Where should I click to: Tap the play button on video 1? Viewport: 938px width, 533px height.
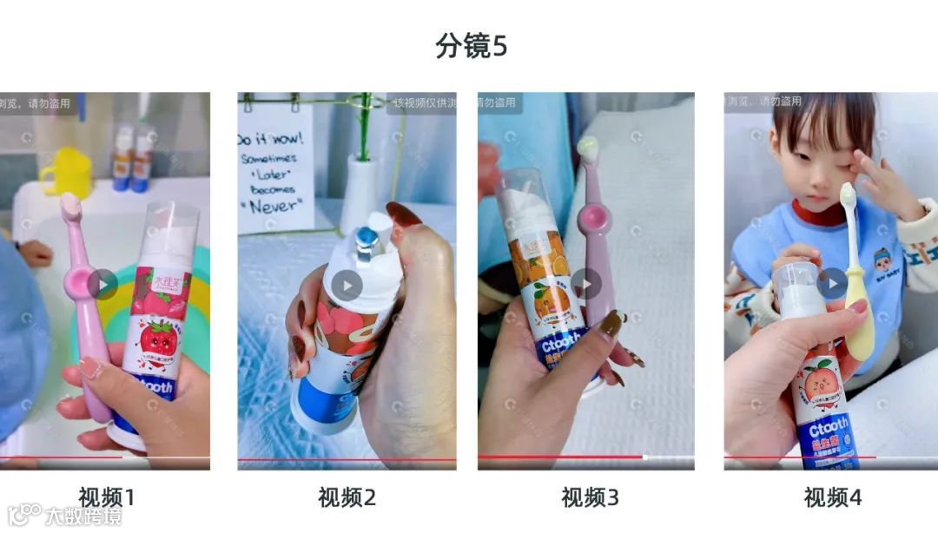102,284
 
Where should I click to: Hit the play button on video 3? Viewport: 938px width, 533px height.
585,284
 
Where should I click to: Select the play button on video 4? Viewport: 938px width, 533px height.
831,284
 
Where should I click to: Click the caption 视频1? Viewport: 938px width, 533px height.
107,497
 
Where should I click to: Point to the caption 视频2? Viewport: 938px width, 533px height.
347,497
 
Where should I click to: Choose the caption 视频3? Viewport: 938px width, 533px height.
590,497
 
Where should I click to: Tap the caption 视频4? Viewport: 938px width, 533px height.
833,497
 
